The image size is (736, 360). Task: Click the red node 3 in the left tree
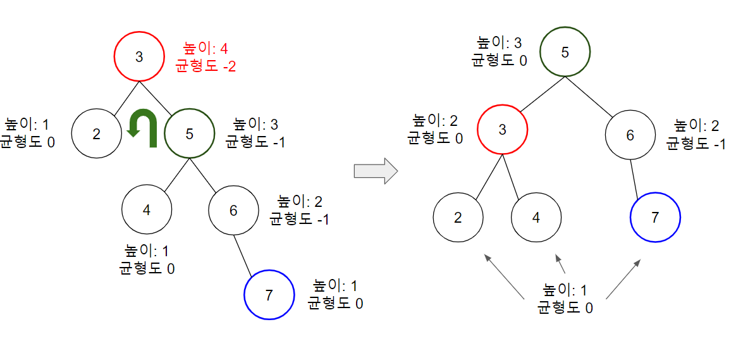pos(140,56)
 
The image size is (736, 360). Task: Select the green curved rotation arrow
pos(142,128)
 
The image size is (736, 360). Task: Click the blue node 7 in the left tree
pos(269,295)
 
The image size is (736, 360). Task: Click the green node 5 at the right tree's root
pos(565,52)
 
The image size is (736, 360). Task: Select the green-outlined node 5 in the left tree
pos(190,133)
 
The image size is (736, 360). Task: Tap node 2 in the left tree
pos(96,133)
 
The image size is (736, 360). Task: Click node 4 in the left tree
pos(147,210)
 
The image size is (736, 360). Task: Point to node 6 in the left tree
pos(233,210)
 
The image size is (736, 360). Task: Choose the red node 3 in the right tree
pos(503,130)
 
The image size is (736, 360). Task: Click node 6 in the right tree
pos(630,135)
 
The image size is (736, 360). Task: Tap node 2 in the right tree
pos(458,218)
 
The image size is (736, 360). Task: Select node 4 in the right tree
pos(536,218)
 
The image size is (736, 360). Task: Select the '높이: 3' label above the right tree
pos(500,43)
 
